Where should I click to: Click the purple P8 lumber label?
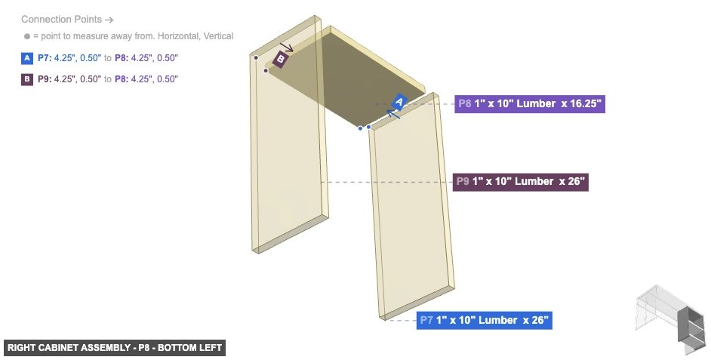(x=530, y=104)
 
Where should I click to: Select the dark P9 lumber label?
(x=520, y=182)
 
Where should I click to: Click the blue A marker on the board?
(x=401, y=102)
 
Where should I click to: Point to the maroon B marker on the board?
(x=280, y=59)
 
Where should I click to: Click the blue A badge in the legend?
(x=27, y=58)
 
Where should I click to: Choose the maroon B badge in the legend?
(x=27, y=79)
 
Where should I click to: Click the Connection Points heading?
(x=67, y=19)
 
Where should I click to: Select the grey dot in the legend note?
(x=26, y=36)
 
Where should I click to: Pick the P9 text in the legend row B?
(x=45, y=79)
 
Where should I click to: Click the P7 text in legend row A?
(x=45, y=58)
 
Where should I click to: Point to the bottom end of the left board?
(x=291, y=235)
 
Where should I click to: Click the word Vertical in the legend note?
(x=216, y=36)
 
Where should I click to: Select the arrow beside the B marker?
(x=288, y=48)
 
